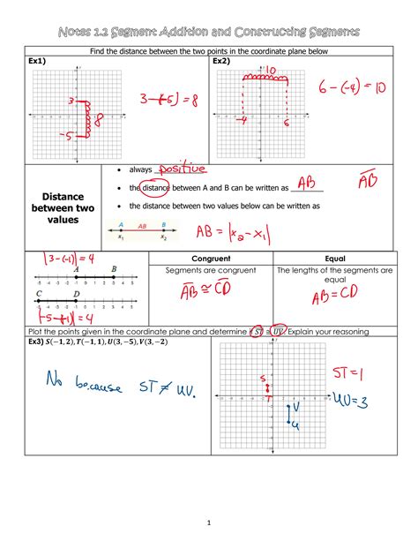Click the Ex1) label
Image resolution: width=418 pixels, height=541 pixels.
(x=38, y=62)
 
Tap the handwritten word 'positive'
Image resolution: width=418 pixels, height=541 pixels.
(x=180, y=169)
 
